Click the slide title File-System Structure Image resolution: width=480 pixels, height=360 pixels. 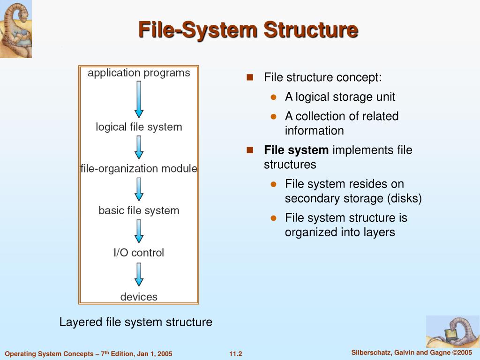click(x=248, y=30)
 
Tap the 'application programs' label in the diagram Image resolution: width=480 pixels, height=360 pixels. click(x=139, y=73)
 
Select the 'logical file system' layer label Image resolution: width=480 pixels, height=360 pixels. click(x=139, y=127)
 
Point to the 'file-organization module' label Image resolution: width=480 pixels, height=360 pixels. click(x=139, y=169)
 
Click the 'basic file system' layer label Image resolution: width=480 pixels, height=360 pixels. click(x=139, y=211)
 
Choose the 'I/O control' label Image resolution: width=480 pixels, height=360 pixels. click(x=139, y=253)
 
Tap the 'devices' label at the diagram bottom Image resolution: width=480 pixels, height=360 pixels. click(x=139, y=297)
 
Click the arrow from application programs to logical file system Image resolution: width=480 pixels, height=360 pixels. click(x=139, y=99)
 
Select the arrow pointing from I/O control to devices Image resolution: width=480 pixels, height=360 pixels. click(x=139, y=274)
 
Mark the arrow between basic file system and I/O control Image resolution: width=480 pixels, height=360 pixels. click(x=139, y=232)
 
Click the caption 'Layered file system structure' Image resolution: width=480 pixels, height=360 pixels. click(x=135, y=322)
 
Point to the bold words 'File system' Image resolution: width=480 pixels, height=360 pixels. click(x=296, y=150)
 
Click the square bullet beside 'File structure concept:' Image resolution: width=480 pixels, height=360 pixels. click(x=250, y=77)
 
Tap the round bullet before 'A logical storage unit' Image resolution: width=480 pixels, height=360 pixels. click(x=274, y=97)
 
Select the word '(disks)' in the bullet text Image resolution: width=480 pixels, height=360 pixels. click(x=404, y=199)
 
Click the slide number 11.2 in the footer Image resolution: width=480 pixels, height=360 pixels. click(x=236, y=354)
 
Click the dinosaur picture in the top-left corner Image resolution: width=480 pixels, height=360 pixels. click(x=16, y=29)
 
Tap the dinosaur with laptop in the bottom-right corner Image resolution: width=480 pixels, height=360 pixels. click(x=452, y=331)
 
